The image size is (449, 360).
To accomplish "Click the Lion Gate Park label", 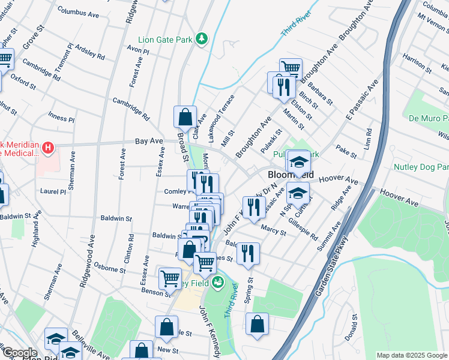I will click(x=165, y=40).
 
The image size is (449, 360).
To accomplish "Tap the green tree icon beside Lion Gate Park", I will click(x=203, y=39).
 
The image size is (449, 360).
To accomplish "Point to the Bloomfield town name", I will click(x=291, y=175).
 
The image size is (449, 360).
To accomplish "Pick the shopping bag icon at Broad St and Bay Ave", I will click(x=185, y=116).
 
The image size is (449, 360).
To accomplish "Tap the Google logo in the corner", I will click(x=19, y=353).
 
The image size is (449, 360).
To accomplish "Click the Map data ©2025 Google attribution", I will click(x=411, y=355).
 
